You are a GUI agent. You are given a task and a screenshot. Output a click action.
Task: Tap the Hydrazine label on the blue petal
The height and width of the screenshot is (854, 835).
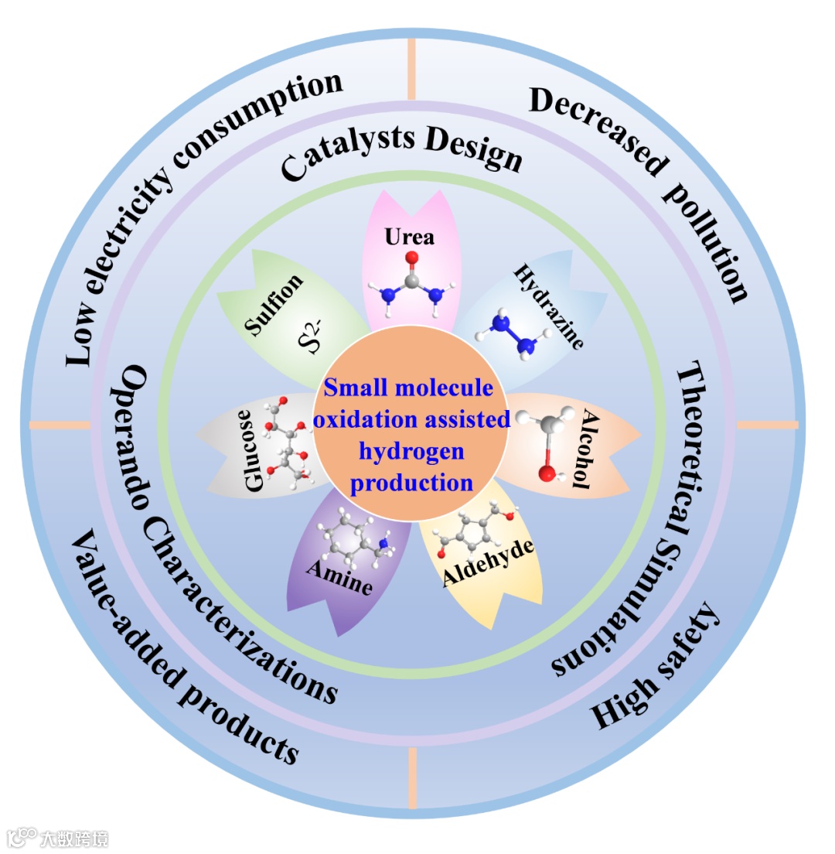548,307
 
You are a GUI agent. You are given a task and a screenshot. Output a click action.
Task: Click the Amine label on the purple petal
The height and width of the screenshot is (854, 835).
339,577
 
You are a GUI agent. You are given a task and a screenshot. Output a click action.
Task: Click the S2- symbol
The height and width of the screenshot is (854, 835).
309,340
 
